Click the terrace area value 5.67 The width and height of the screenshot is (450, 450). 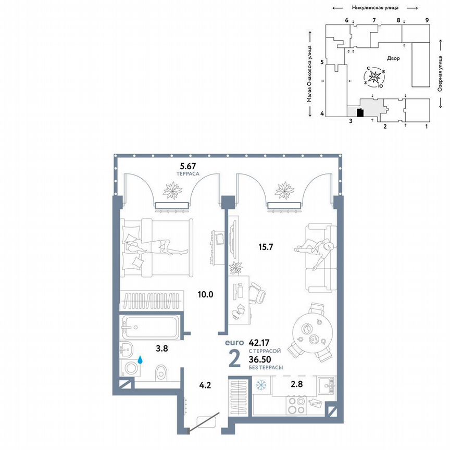point(188,167)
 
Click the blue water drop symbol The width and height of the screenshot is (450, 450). point(141,359)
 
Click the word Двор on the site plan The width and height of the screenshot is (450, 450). point(394,58)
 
